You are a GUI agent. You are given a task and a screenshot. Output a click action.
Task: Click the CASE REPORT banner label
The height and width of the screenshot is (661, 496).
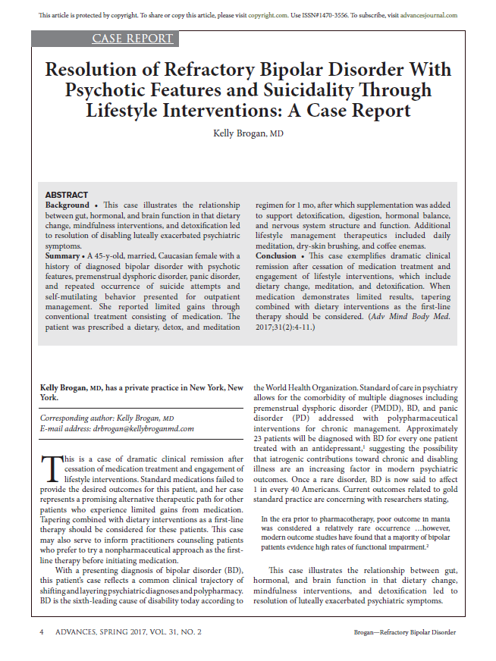133,39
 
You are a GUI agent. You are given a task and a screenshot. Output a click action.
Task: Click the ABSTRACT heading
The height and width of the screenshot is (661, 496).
67,195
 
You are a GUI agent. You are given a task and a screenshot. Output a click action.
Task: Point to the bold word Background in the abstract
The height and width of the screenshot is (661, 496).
67,205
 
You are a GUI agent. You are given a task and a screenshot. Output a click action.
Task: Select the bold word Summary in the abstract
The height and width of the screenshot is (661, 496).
63,256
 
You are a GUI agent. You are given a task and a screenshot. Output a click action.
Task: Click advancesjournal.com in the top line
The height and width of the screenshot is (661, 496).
428,15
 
